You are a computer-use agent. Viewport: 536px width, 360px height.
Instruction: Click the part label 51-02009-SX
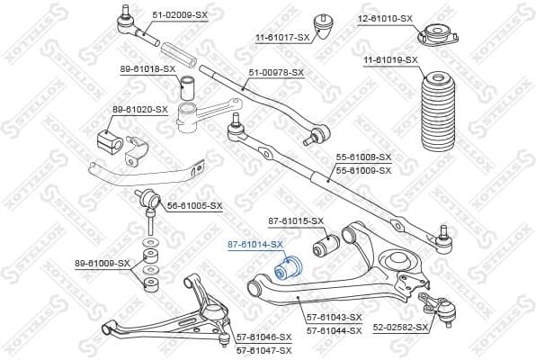(181, 16)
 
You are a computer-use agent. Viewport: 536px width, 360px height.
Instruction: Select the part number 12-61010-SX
(385, 18)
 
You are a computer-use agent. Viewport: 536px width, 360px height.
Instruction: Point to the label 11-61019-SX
(391, 59)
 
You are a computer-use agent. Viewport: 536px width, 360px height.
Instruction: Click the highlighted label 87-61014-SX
(255, 244)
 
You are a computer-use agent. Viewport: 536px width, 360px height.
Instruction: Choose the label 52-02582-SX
(398, 328)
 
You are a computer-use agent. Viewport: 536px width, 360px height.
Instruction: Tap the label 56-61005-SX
(194, 205)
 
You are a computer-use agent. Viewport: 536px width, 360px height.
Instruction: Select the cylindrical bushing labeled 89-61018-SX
(190, 88)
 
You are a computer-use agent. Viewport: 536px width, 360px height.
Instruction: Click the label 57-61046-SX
(264, 336)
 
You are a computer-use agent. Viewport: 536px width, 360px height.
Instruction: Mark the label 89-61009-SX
(103, 264)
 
